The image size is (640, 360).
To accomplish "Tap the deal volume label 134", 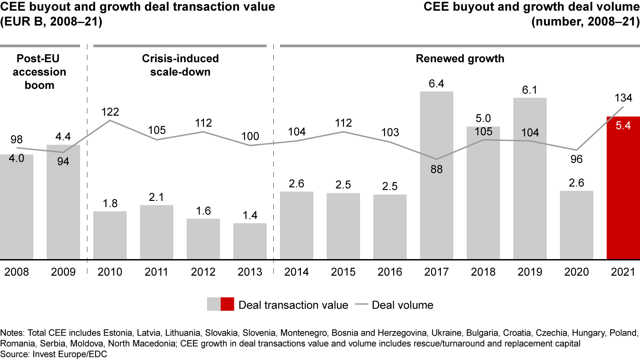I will coord(623,98).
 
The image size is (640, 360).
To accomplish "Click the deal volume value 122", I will coord(110,112).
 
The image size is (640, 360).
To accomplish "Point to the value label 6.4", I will coord(436,83).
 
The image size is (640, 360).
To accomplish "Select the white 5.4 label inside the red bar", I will coord(623,126).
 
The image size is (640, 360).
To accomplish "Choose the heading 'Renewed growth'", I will coord(460,59).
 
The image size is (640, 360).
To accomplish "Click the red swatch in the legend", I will coord(227,305).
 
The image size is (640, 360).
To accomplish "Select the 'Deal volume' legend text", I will coord(402,305).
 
